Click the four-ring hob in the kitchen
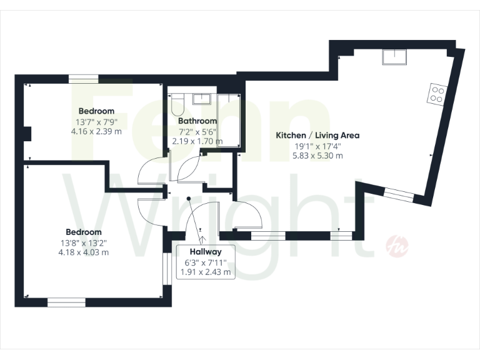point(436,94)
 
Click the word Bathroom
point(197,121)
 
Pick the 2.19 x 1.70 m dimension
point(197,141)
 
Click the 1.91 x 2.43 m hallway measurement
point(206,272)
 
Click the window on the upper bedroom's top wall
point(83,79)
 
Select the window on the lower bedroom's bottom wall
point(66,302)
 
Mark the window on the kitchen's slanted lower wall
point(398,196)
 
